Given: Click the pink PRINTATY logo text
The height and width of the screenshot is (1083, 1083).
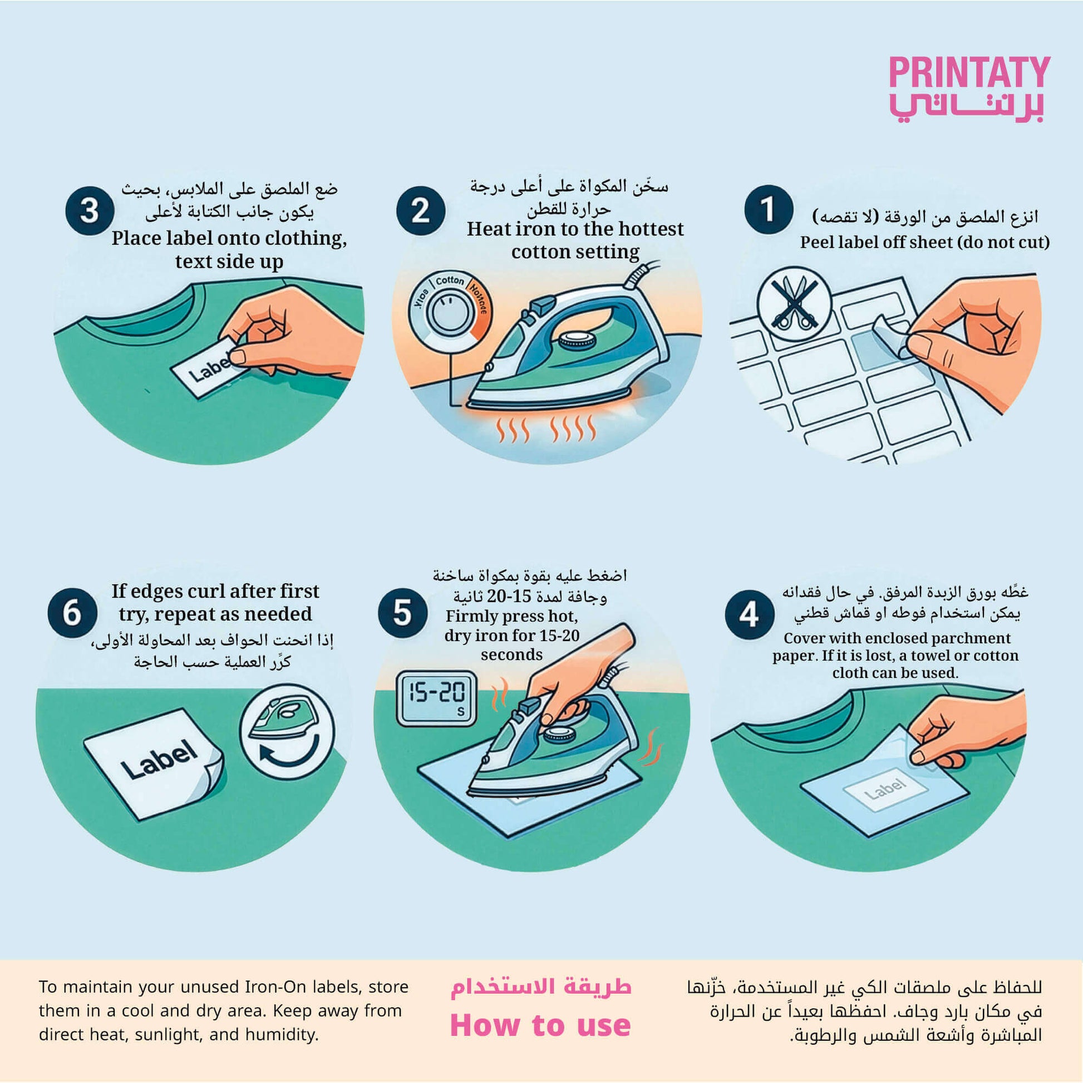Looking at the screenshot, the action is [x=969, y=72].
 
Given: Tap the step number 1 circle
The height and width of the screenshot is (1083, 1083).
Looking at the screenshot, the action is [x=768, y=210].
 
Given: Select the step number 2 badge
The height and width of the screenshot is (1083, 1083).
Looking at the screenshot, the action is [x=421, y=211].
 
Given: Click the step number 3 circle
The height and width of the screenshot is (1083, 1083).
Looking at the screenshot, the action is [x=90, y=211].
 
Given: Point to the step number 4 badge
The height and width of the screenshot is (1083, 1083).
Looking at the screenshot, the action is [x=750, y=614].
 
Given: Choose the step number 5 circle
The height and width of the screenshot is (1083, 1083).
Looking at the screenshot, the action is [x=402, y=613].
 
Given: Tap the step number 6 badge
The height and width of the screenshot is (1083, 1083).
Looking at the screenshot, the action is [x=72, y=613].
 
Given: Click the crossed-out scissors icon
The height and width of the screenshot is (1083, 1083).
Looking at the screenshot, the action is [x=794, y=303].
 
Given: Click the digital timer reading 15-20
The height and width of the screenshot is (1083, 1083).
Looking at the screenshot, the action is [x=437, y=698].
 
